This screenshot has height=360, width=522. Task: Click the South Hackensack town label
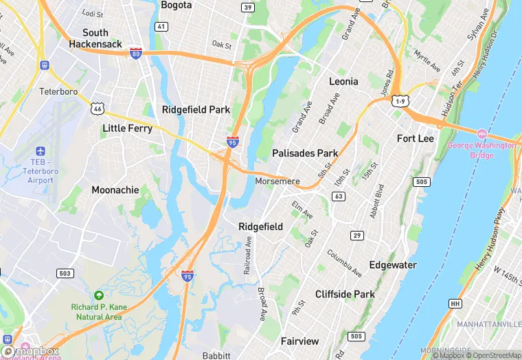pos(95,38)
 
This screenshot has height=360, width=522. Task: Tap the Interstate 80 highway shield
pos(136,53)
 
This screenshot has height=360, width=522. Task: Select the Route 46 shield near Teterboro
pos(98,109)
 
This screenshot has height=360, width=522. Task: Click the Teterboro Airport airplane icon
pos(39,150)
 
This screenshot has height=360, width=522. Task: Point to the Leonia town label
pos(343,81)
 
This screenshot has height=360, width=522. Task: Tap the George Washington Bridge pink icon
pos(481,133)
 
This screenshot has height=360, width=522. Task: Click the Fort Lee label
pos(416,138)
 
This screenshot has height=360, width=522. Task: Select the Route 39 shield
pos(247,7)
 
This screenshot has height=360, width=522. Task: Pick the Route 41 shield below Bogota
pos(161,27)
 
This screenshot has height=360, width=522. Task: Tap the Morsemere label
pos(277,181)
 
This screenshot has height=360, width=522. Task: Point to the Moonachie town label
pos(115,190)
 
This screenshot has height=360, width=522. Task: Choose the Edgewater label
pos(393,265)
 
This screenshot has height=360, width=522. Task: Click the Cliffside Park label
pos(345,294)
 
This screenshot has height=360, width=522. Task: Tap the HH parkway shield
pos(455,302)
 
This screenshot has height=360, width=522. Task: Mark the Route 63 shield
pos(338,196)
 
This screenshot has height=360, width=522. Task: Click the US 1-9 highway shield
pos(400,101)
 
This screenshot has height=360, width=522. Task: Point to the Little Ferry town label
pos(127,128)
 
